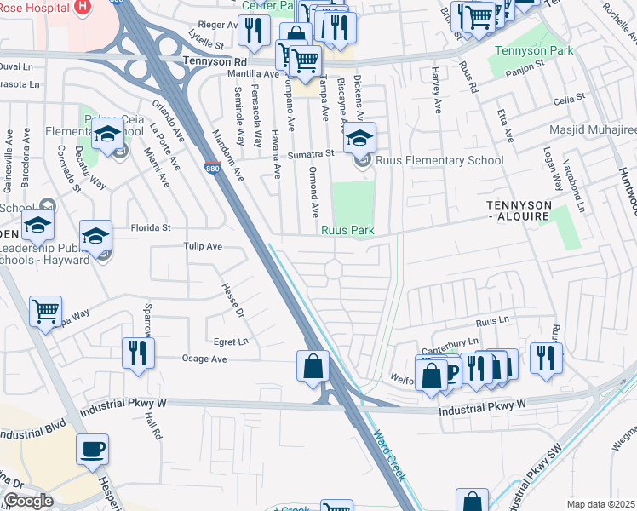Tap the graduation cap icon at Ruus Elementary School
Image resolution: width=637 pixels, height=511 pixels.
(360, 136)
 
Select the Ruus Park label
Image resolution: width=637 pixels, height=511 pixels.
(348, 230)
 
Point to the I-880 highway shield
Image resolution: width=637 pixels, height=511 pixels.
(212, 169)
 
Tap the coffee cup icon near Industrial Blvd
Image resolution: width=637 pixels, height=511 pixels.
(92, 448)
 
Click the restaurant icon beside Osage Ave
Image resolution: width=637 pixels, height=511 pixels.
(138, 352)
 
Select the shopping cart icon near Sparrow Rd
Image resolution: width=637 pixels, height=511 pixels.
(45, 310)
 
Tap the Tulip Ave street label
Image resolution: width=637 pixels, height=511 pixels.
(203, 246)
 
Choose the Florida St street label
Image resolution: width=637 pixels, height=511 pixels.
(151, 227)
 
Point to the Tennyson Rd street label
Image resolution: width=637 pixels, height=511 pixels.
(215, 62)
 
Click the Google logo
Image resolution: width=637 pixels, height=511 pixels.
(27, 501)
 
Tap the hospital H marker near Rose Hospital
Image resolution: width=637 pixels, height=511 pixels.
(83, 8)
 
